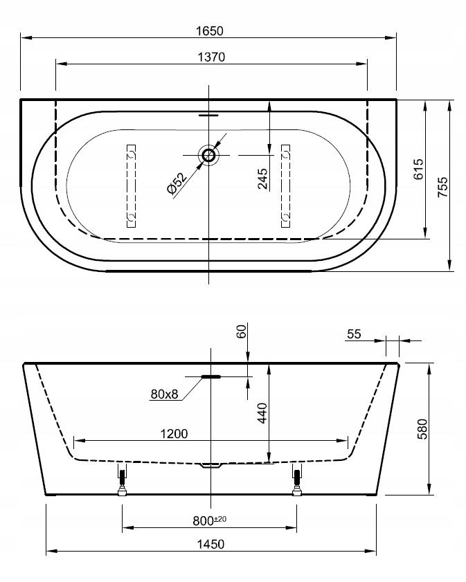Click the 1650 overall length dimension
[210, 31]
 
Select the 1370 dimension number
[211, 57]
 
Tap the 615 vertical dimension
[418, 170]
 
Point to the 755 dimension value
[442, 187]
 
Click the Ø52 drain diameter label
[177, 183]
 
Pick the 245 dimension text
[262, 179]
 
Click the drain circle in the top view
[208, 155]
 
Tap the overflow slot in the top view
[209, 115]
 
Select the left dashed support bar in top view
[131, 185]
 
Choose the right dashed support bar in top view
[285, 185]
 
